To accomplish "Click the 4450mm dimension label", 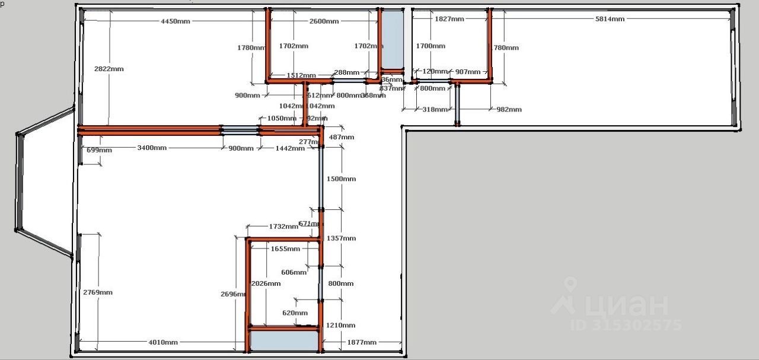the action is point(176,21).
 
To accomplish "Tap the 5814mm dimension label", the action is point(610,19).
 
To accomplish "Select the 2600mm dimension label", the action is point(324,21).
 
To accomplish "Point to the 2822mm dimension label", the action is point(109,69).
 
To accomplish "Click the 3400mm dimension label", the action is point(152,148).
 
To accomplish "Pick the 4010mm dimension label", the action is point(163,342).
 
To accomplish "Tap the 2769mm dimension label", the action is point(98,292).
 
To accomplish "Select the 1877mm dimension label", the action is point(362,342).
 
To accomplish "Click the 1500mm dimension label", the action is point(342,179).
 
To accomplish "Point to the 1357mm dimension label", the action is point(342,238).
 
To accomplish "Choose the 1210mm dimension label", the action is point(342,325).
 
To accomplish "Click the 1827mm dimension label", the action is point(449,19).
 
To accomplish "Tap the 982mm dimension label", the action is point(509,109).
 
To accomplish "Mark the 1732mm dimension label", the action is point(283,227).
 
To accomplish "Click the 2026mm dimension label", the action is point(266,283).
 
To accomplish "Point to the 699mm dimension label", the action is point(99,150).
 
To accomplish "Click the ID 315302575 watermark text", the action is point(626,325).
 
